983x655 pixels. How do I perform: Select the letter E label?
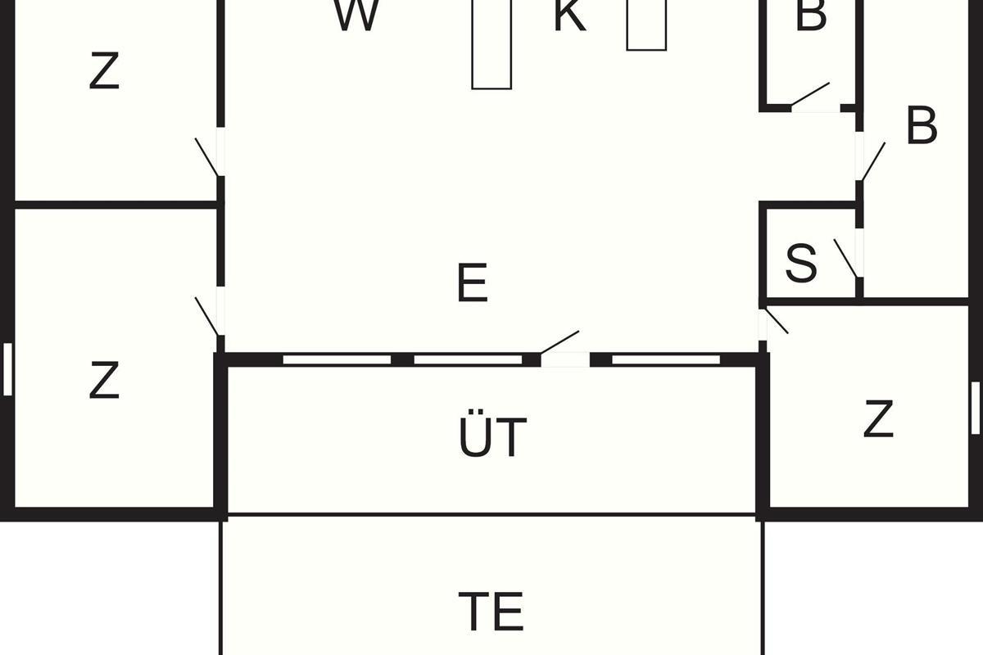473,284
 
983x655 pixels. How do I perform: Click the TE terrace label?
491,611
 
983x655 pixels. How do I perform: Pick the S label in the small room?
800,264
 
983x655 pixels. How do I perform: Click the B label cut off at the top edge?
811,16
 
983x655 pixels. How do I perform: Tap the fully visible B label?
922,128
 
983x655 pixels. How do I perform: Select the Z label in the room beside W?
104,72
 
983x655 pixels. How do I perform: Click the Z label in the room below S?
877,419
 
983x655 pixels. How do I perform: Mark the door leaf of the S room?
846,258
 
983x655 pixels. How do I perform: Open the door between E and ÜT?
561,341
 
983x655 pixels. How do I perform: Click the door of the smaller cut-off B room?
811,94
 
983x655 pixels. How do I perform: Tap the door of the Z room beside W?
207,157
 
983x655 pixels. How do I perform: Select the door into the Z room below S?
774,319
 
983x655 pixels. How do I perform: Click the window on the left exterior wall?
7,369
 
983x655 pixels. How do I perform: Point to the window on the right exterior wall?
976,407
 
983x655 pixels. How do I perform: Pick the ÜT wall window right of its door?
666,359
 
